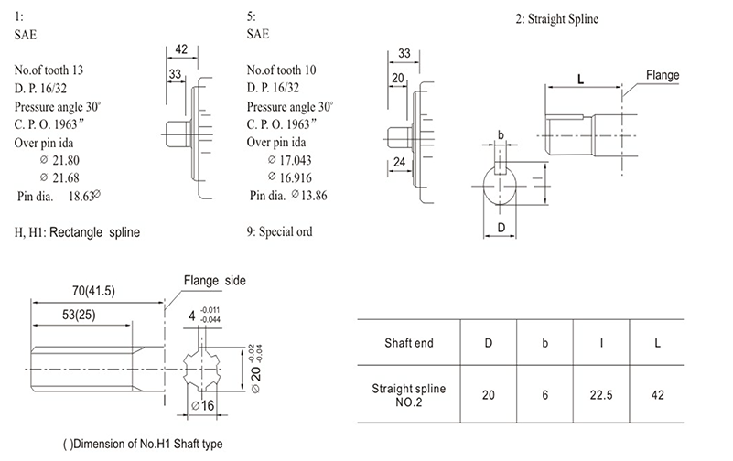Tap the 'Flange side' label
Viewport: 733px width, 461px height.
click(215, 280)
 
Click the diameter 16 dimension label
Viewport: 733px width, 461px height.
click(204, 405)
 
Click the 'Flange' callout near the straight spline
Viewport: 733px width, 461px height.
click(662, 73)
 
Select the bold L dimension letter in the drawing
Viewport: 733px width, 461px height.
click(580, 79)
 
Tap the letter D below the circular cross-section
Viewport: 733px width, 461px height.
click(501, 225)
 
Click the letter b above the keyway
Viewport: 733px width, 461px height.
click(501, 136)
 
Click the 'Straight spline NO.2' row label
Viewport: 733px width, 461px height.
click(408, 394)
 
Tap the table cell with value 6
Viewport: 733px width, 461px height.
click(545, 394)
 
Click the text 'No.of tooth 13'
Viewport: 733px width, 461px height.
click(52, 70)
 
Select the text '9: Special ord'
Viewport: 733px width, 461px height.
click(280, 231)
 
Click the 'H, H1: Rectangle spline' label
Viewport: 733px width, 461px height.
click(78, 232)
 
